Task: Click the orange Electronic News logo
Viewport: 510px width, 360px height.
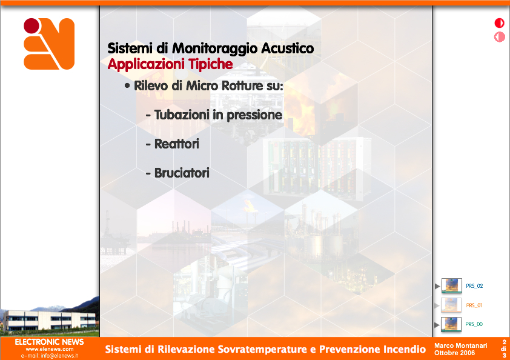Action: (x=49, y=44)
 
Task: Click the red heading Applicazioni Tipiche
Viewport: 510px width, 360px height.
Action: (x=170, y=64)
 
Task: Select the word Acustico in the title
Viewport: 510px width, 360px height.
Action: (x=287, y=48)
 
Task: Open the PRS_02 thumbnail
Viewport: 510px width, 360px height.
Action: (x=452, y=286)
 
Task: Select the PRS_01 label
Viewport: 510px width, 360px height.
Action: (x=474, y=305)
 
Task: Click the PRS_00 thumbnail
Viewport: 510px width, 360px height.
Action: (x=451, y=324)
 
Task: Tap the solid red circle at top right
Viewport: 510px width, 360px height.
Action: (x=499, y=23)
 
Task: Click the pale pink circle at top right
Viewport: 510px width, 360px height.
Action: (x=499, y=37)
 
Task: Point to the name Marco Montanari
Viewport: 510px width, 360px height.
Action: (x=460, y=345)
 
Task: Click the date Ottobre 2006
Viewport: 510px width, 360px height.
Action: (x=454, y=353)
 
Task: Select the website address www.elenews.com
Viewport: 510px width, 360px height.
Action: (x=50, y=349)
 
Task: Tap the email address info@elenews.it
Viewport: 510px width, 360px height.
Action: (x=59, y=356)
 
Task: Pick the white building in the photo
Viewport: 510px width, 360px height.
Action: (x=51, y=319)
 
